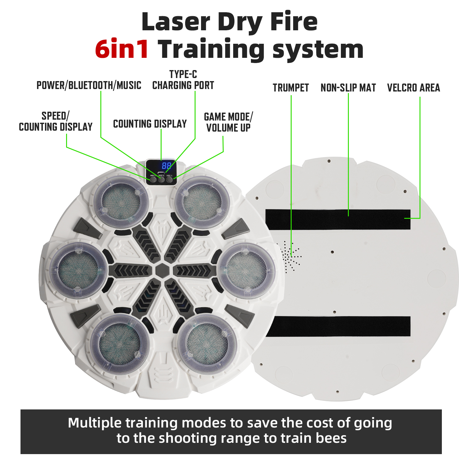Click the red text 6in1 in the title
122,49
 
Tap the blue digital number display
166,166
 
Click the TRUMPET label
291,88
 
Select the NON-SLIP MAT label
348,88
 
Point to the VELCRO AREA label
413,88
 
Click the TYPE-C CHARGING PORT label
183,80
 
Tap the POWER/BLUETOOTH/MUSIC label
89,85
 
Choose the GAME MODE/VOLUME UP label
228,122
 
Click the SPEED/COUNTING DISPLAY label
56,121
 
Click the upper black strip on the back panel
338,219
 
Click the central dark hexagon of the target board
162,271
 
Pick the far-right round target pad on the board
247,271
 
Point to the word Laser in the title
176,22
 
